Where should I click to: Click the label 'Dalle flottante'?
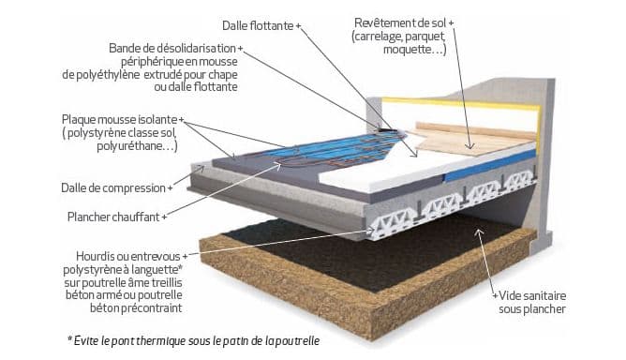coord(258,26)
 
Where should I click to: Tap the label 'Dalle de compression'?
coord(113,188)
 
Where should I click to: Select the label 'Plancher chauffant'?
coord(113,217)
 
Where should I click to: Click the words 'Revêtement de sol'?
coord(400,23)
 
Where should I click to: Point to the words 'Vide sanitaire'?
coord(532,296)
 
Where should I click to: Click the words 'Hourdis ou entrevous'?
coord(128,256)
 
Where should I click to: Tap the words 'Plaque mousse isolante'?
coord(119,119)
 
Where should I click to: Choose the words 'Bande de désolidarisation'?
coord(172,49)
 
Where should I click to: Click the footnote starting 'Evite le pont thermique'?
coord(194,341)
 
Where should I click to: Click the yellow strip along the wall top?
coord(459,104)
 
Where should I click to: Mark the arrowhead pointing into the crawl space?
coord(479,232)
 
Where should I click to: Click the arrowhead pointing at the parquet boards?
coord(470,146)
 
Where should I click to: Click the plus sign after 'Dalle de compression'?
coord(170,188)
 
